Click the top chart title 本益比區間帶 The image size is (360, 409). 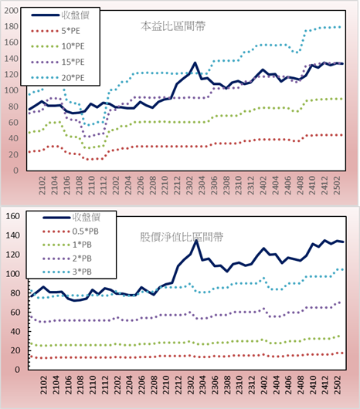click(173, 26)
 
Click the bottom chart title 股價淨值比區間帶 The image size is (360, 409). click(182, 237)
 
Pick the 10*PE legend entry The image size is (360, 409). click(58, 46)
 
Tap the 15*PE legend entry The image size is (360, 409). click(58, 62)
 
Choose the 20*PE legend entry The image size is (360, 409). click(58, 78)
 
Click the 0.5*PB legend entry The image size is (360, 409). click(70, 232)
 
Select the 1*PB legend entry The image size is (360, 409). click(67, 245)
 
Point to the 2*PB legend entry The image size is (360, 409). click(67, 259)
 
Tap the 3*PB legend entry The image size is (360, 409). click(67, 272)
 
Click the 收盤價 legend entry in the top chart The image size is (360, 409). click(60, 15)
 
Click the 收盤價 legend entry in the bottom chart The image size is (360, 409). click(72, 217)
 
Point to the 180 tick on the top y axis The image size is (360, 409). click(12, 26)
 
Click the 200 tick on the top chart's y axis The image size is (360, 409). click(12, 11)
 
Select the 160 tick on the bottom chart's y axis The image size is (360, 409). click(13, 216)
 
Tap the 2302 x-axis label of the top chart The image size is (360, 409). click(189, 185)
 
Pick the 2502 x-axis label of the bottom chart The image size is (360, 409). click(338, 385)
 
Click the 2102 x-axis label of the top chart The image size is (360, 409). click(42, 185)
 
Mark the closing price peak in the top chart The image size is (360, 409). click(195, 63)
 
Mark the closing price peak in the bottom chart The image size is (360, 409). click(196, 241)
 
